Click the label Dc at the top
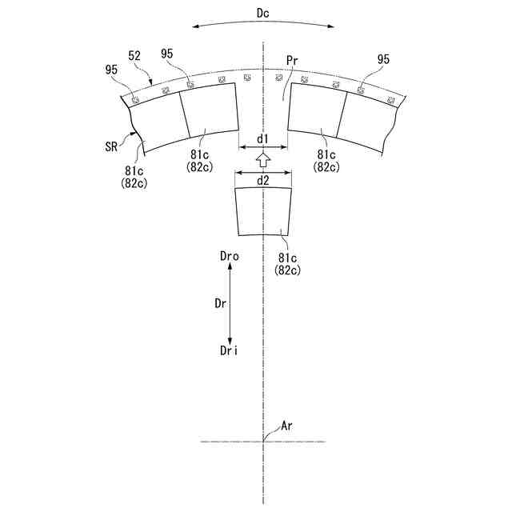tap(263, 14)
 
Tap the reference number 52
tap(134, 56)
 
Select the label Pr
tap(292, 61)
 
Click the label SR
tap(111, 146)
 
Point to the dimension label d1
tap(262, 139)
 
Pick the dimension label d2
tap(263, 181)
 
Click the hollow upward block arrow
tap(263, 160)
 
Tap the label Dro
tap(230, 257)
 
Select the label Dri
tap(229, 351)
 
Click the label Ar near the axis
tap(286, 426)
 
